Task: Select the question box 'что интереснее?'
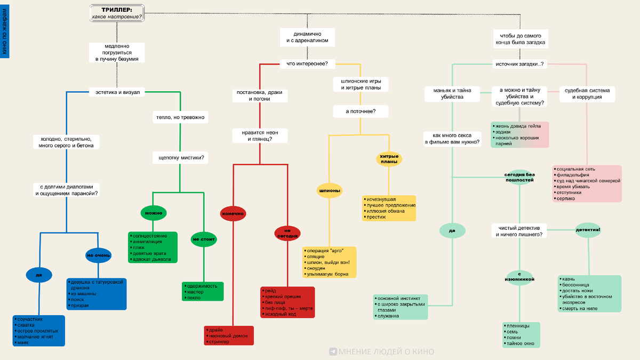(x=307, y=64)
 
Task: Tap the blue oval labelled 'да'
(x=38, y=275)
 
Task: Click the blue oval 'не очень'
(x=98, y=255)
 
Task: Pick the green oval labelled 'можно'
(x=153, y=213)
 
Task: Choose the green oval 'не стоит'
(x=203, y=239)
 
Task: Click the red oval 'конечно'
(x=233, y=213)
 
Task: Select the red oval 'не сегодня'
(x=287, y=233)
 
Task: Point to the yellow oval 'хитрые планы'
(x=389, y=159)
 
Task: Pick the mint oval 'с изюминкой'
(x=519, y=276)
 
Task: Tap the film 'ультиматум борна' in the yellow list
(x=328, y=274)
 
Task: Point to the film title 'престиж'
(x=377, y=217)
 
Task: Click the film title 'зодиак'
(x=503, y=132)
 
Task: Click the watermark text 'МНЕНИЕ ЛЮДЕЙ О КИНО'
(x=387, y=351)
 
